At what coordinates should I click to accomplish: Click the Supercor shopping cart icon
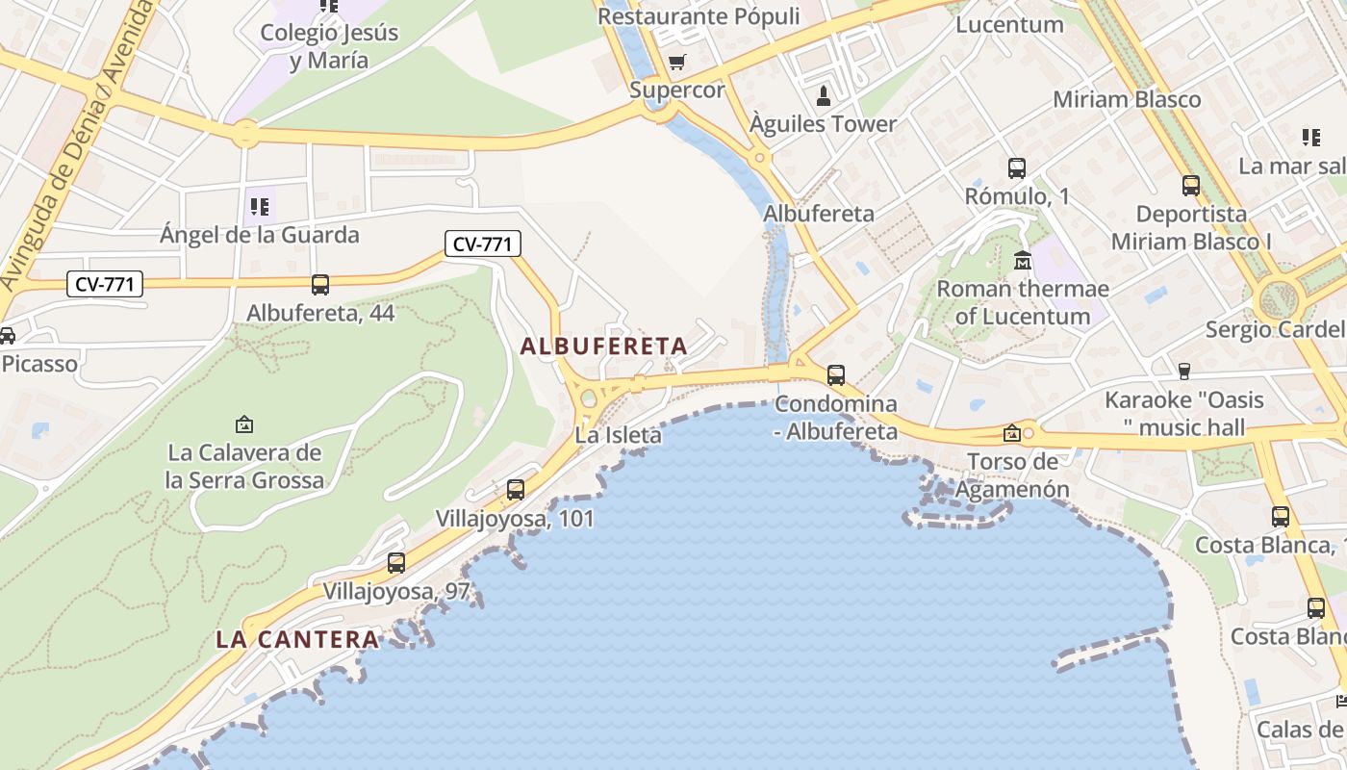(x=677, y=63)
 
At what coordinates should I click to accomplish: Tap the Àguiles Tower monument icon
(x=824, y=96)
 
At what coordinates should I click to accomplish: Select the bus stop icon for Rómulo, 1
(x=1017, y=168)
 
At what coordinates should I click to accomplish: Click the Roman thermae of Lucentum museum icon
(x=1023, y=261)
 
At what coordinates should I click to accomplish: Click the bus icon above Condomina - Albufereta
(x=836, y=375)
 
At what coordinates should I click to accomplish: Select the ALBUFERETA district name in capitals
(x=604, y=346)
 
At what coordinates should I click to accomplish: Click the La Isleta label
(x=618, y=435)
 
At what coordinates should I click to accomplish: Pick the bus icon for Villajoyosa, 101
(x=516, y=490)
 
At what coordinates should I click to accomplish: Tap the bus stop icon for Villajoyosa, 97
(x=396, y=563)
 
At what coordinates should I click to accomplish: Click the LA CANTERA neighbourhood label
(x=297, y=639)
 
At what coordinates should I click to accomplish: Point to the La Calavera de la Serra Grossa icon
(x=244, y=423)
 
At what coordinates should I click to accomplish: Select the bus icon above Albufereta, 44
(x=320, y=285)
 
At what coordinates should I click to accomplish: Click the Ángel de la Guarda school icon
(x=259, y=206)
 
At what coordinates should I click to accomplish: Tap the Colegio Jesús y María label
(x=328, y=46)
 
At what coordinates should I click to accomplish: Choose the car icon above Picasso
(x=7, y=336)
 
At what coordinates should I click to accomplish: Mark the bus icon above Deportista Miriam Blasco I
(x=1191, y=186)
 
